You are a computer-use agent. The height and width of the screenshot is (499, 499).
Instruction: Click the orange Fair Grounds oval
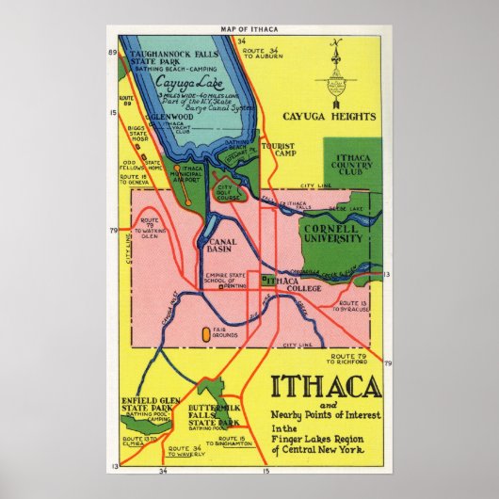(x=206, y=332)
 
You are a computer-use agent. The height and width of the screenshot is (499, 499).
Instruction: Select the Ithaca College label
(x=293, y=284)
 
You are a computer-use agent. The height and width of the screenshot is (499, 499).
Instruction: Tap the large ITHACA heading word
(x=327, y=387)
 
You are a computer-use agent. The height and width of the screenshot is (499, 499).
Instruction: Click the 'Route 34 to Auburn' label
(x=276, y=52)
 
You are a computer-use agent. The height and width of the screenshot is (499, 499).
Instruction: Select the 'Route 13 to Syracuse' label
(x=362, y=306)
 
